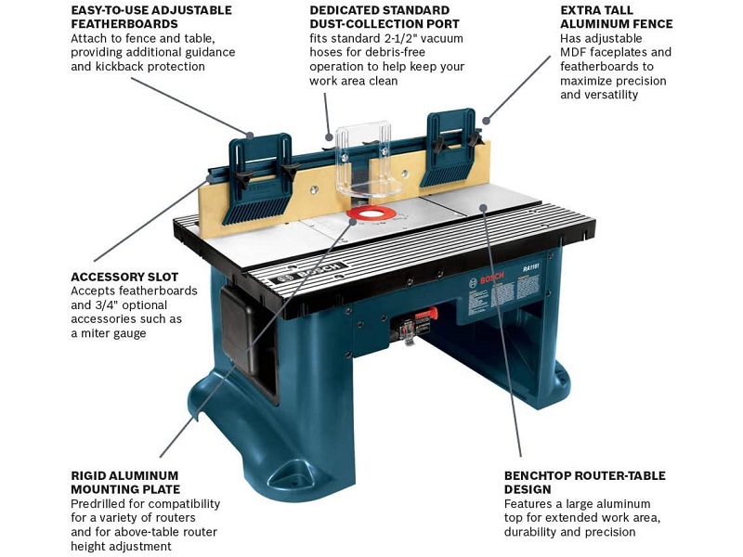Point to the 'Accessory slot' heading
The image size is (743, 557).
(124, 277)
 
